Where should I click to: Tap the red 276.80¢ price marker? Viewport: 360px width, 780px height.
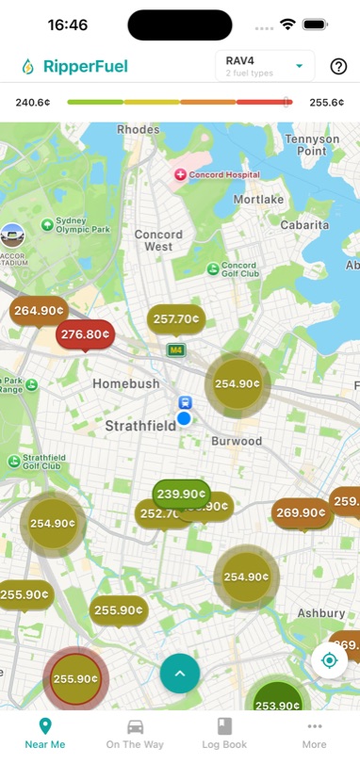[85, 334]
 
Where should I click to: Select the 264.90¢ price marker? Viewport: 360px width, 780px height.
[39, 310]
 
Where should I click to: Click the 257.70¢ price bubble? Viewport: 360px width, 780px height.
[176, 319]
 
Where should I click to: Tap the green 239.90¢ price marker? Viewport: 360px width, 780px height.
[181, 494]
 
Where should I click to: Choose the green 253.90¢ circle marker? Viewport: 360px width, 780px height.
[277, 705]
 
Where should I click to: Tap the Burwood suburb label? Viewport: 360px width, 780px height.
[237, 441]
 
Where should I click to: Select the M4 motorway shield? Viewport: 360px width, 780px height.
[175, 350]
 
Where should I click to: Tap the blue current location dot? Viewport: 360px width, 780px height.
[185, 417]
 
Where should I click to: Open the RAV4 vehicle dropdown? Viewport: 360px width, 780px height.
[265, 66]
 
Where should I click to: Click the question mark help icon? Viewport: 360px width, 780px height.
[338, 66]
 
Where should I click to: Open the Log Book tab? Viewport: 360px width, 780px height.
[224, 733]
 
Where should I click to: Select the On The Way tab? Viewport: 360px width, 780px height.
[135, 733]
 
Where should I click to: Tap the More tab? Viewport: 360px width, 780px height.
[314, 733]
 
